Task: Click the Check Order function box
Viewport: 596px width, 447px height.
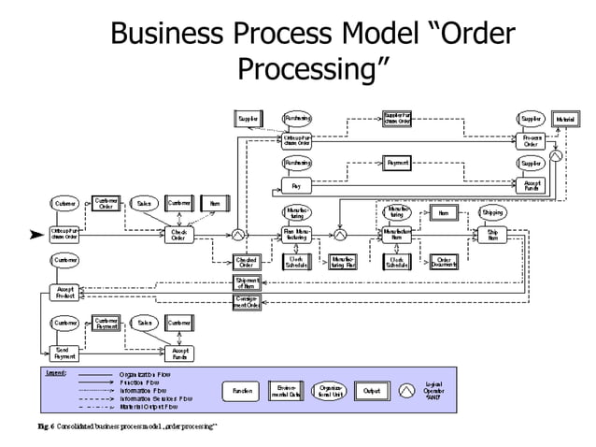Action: tap(178, 235)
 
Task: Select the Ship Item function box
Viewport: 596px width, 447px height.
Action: tap(492, 235)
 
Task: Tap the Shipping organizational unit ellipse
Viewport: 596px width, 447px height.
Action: tap(492, 212)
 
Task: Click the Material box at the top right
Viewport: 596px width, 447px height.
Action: tap(564, 119)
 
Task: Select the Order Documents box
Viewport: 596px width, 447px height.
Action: tap(444, 263)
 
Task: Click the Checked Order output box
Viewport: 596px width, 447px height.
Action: tap(247, 263)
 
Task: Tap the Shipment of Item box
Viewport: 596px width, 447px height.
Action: tap(247, 282)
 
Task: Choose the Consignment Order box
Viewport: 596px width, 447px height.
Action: tap(247, 301)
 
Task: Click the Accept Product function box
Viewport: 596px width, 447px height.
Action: tap(64, 292)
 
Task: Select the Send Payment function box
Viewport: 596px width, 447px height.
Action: tap(64, 353)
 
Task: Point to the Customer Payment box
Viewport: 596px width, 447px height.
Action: tap(106, 323)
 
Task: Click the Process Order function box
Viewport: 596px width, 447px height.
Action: tap(531, 141)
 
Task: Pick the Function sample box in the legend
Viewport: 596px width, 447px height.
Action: tap(242, 390)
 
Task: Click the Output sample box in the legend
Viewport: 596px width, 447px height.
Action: tap(372, 390)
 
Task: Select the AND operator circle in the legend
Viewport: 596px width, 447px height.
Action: tap(408, 390)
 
